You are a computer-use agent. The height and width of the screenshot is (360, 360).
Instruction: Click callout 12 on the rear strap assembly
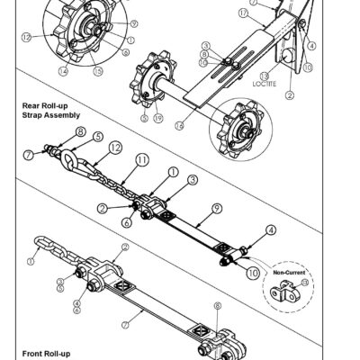click(x=113, y=145)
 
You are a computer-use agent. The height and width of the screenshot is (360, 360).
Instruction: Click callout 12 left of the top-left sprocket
click(x=27, y=37)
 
